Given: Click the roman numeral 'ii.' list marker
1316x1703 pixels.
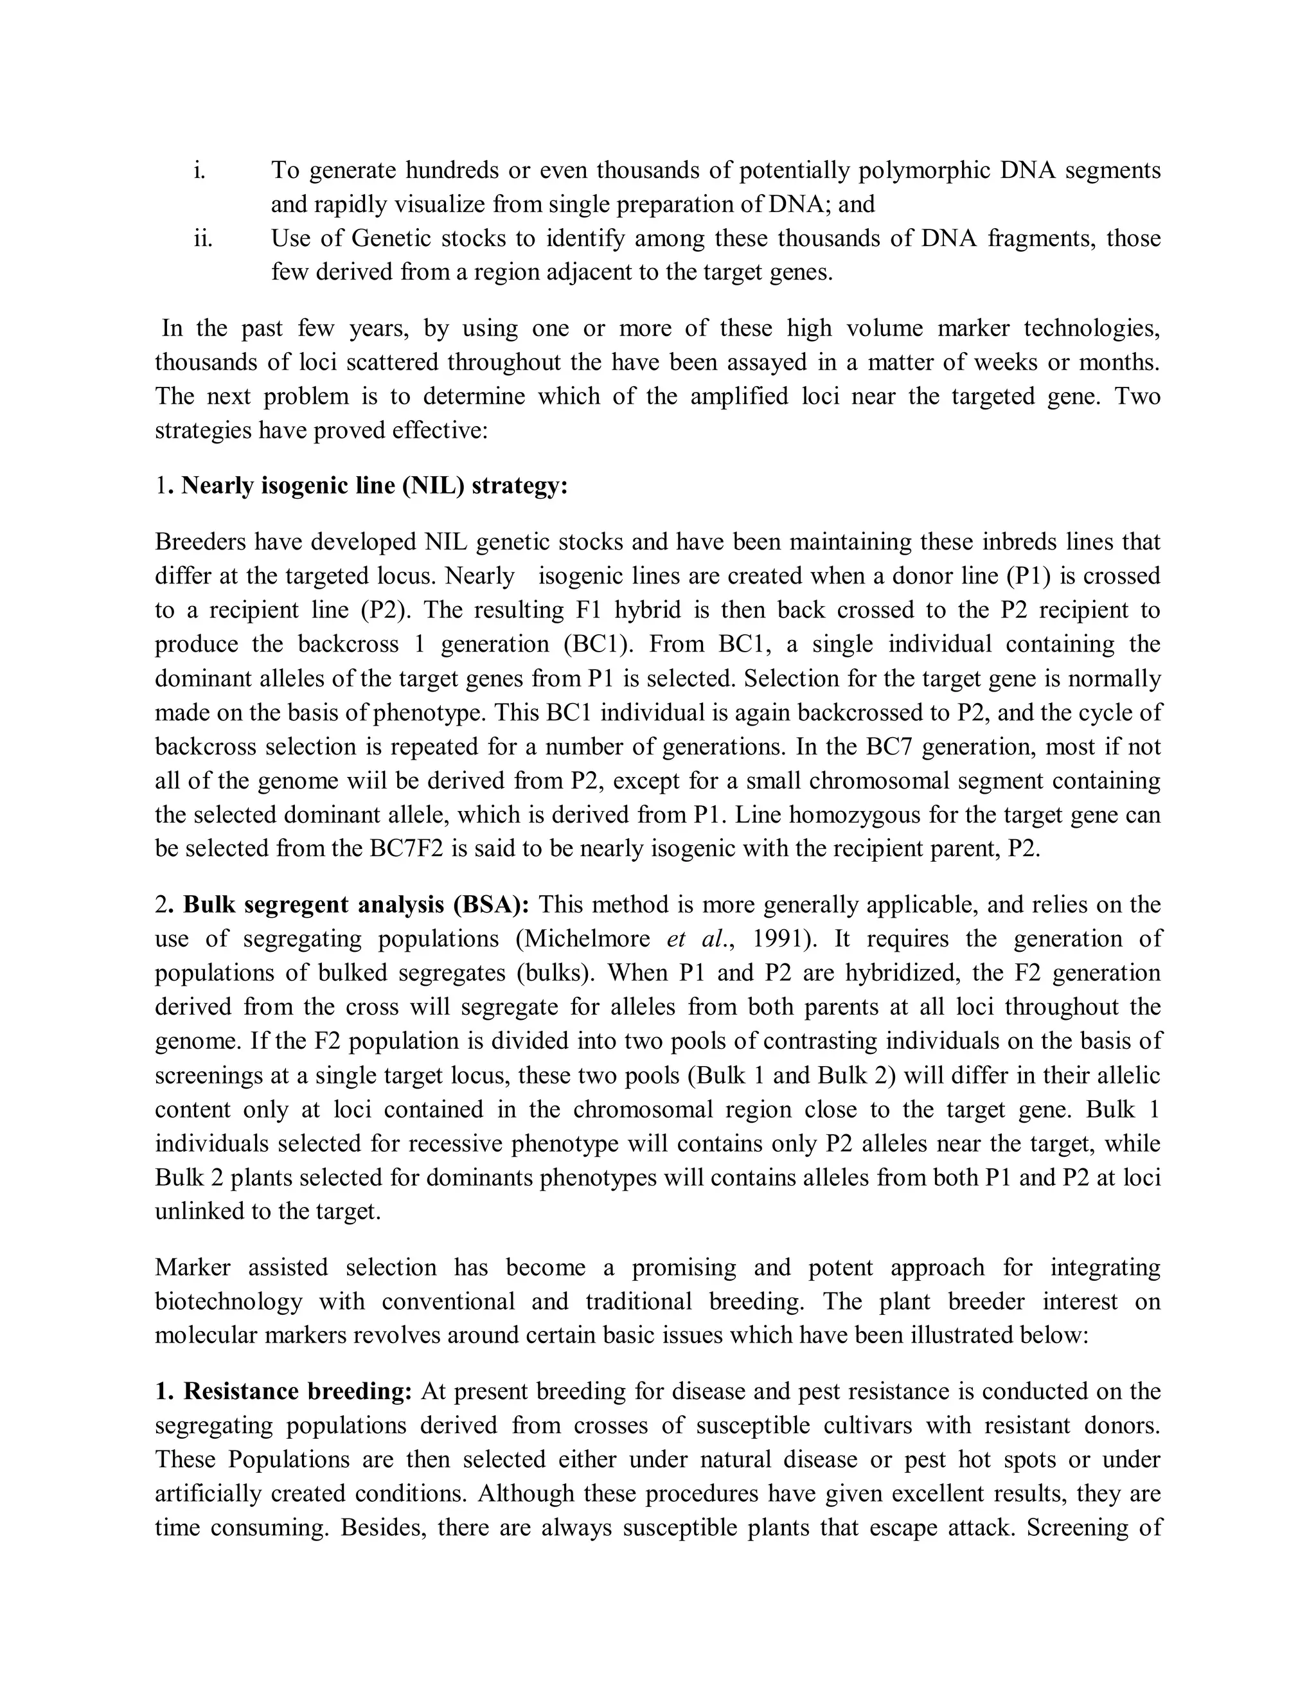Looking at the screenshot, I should click(x=202, y=238).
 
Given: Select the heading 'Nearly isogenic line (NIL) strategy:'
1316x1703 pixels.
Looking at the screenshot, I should click(x=374, y=486).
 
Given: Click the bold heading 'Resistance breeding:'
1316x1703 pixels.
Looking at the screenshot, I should click(x=297, y=1392).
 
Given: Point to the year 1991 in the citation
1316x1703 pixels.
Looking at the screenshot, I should click(x=782, y=939).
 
